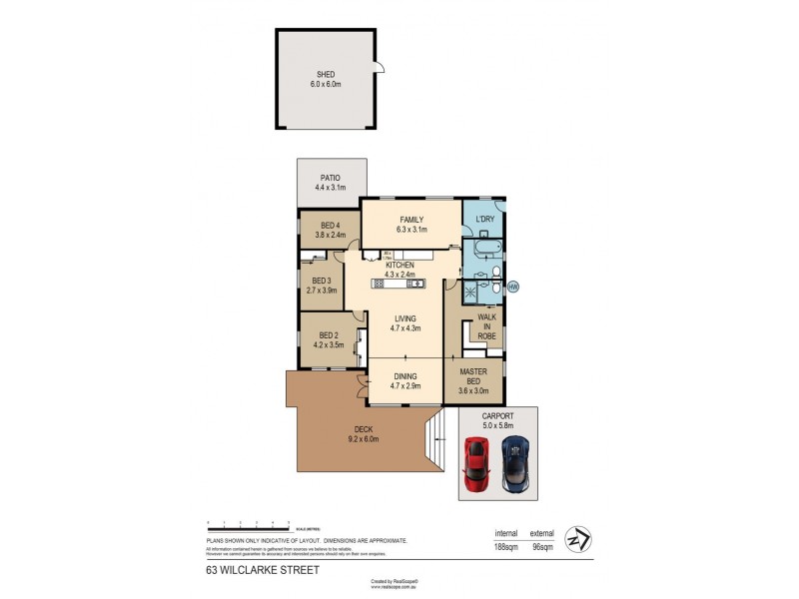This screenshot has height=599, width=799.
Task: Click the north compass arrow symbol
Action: click(x=576, y=538)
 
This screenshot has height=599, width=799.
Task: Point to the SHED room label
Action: click(x=326, y=75)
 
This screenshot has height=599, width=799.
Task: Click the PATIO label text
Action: click(x=331, y=178)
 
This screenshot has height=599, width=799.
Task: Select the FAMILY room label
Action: click(x=411, y=220)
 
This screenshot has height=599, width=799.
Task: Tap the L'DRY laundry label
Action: click(x=485, y=219)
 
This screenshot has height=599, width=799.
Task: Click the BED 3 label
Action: click(x=322, y=281)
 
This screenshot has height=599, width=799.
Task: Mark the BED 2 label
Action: click(x=328, y=335)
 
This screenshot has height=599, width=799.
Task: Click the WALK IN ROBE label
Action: click(x=486, y=326)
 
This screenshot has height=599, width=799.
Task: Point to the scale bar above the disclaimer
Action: click(x=248, y=523)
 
